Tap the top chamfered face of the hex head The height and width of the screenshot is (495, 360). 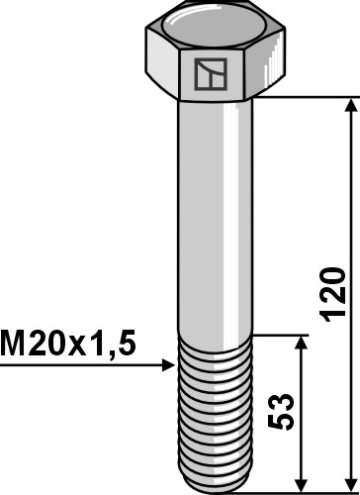214,23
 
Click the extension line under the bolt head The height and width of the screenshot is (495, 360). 307,97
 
